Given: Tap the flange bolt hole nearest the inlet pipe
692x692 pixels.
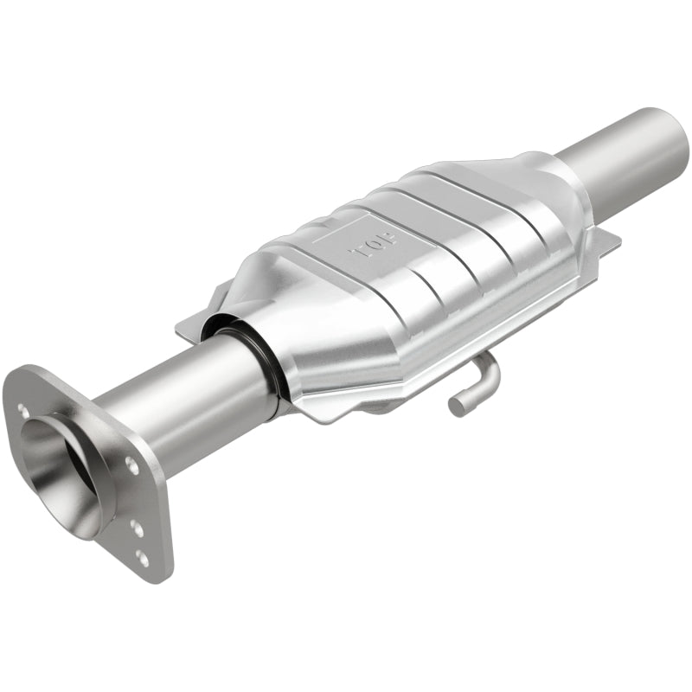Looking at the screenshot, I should coord(131,465).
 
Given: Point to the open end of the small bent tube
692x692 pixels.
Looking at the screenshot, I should coord(457,405).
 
